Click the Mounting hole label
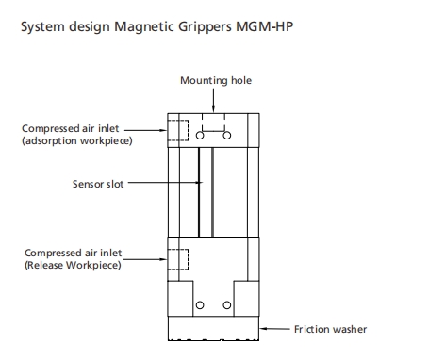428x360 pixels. (x=216, y=80)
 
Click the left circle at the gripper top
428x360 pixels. (x=200, y=135)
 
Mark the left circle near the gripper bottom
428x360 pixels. (x=200, y=306)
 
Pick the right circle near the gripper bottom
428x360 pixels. (x=227, y=306)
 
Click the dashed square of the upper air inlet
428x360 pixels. (x=177, y=132)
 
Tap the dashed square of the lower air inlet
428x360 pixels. (x=177, y=258)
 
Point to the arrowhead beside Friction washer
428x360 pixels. (x=265, y=329)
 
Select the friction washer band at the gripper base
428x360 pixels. (x=213, y=329)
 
